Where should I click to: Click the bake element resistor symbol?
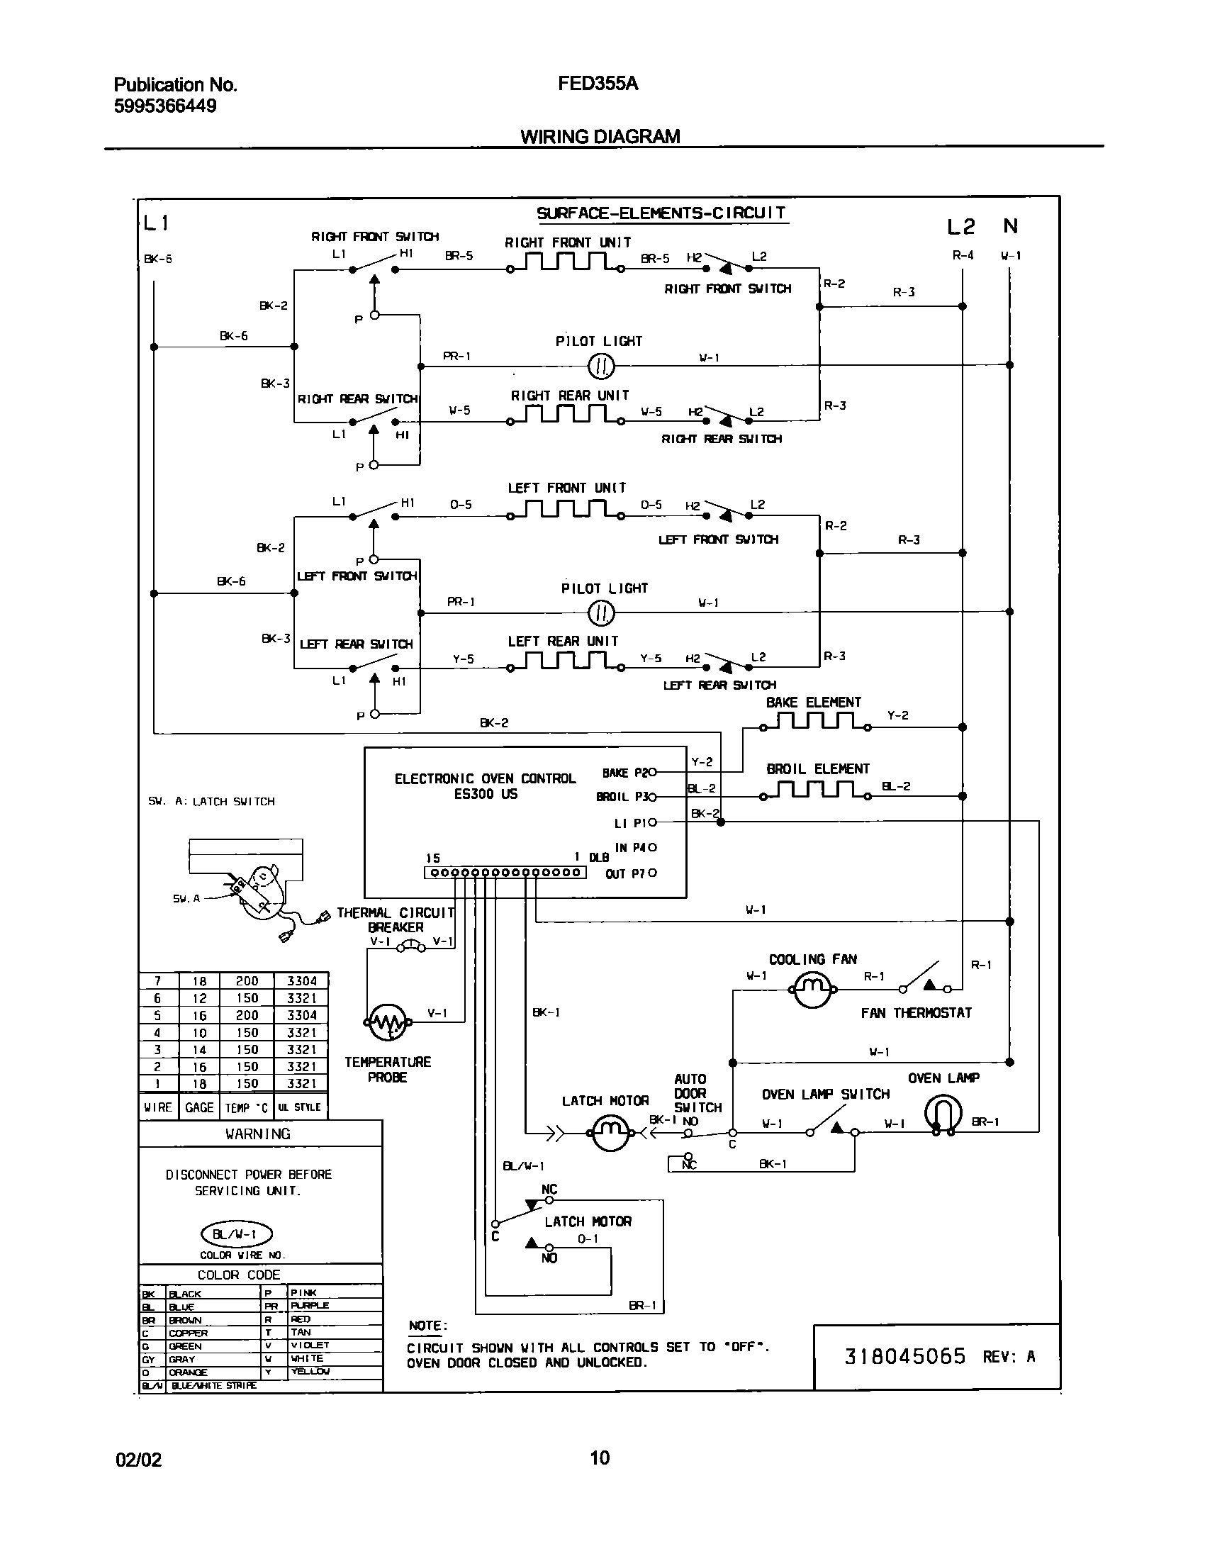coord(816,722)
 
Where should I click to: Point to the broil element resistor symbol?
coord(816,790)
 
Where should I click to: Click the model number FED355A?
coord(598,84)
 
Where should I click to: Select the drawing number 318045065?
coord(905,1356)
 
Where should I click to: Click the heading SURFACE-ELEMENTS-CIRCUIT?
coord(661,213)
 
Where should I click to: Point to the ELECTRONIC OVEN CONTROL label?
coord(485,778)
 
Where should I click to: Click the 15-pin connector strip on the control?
coord(505,873)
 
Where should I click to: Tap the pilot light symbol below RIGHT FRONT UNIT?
coord(602,366)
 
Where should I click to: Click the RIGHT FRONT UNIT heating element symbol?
coord(566,264)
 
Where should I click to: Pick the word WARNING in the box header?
coord(258,1134)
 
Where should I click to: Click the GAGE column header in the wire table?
coord(199,1107)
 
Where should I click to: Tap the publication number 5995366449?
coord(165,106)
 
